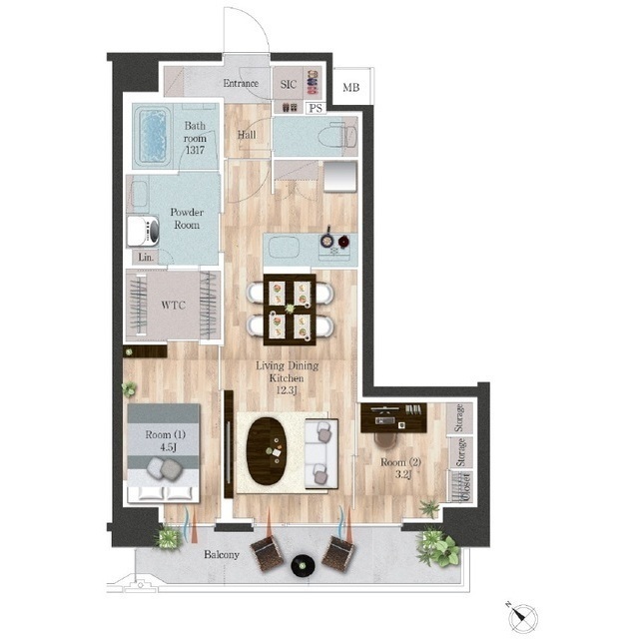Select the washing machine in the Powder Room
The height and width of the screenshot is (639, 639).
point(143,231)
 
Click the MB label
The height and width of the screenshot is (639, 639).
point(350,87)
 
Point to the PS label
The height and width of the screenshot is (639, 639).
point(316,108)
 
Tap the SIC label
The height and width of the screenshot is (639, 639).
point(289,84)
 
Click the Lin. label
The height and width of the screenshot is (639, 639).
point(146,258)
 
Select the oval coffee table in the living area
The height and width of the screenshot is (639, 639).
point(267,451)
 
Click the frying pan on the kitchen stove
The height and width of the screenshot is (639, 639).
point(326,240)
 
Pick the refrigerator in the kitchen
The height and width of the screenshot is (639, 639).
point(340,176)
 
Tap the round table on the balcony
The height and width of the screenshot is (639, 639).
point(303,566)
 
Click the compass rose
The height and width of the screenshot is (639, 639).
point(523,618)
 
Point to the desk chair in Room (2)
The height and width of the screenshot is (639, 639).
point(384,440)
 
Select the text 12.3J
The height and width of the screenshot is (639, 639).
point(287,390)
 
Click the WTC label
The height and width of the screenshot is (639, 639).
point(173,305)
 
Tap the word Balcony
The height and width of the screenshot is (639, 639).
point(222,555)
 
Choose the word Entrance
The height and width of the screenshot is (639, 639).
point(241,83)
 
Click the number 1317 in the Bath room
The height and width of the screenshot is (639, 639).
point(195,150)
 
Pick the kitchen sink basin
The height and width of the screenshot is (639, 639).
point(284,247)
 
